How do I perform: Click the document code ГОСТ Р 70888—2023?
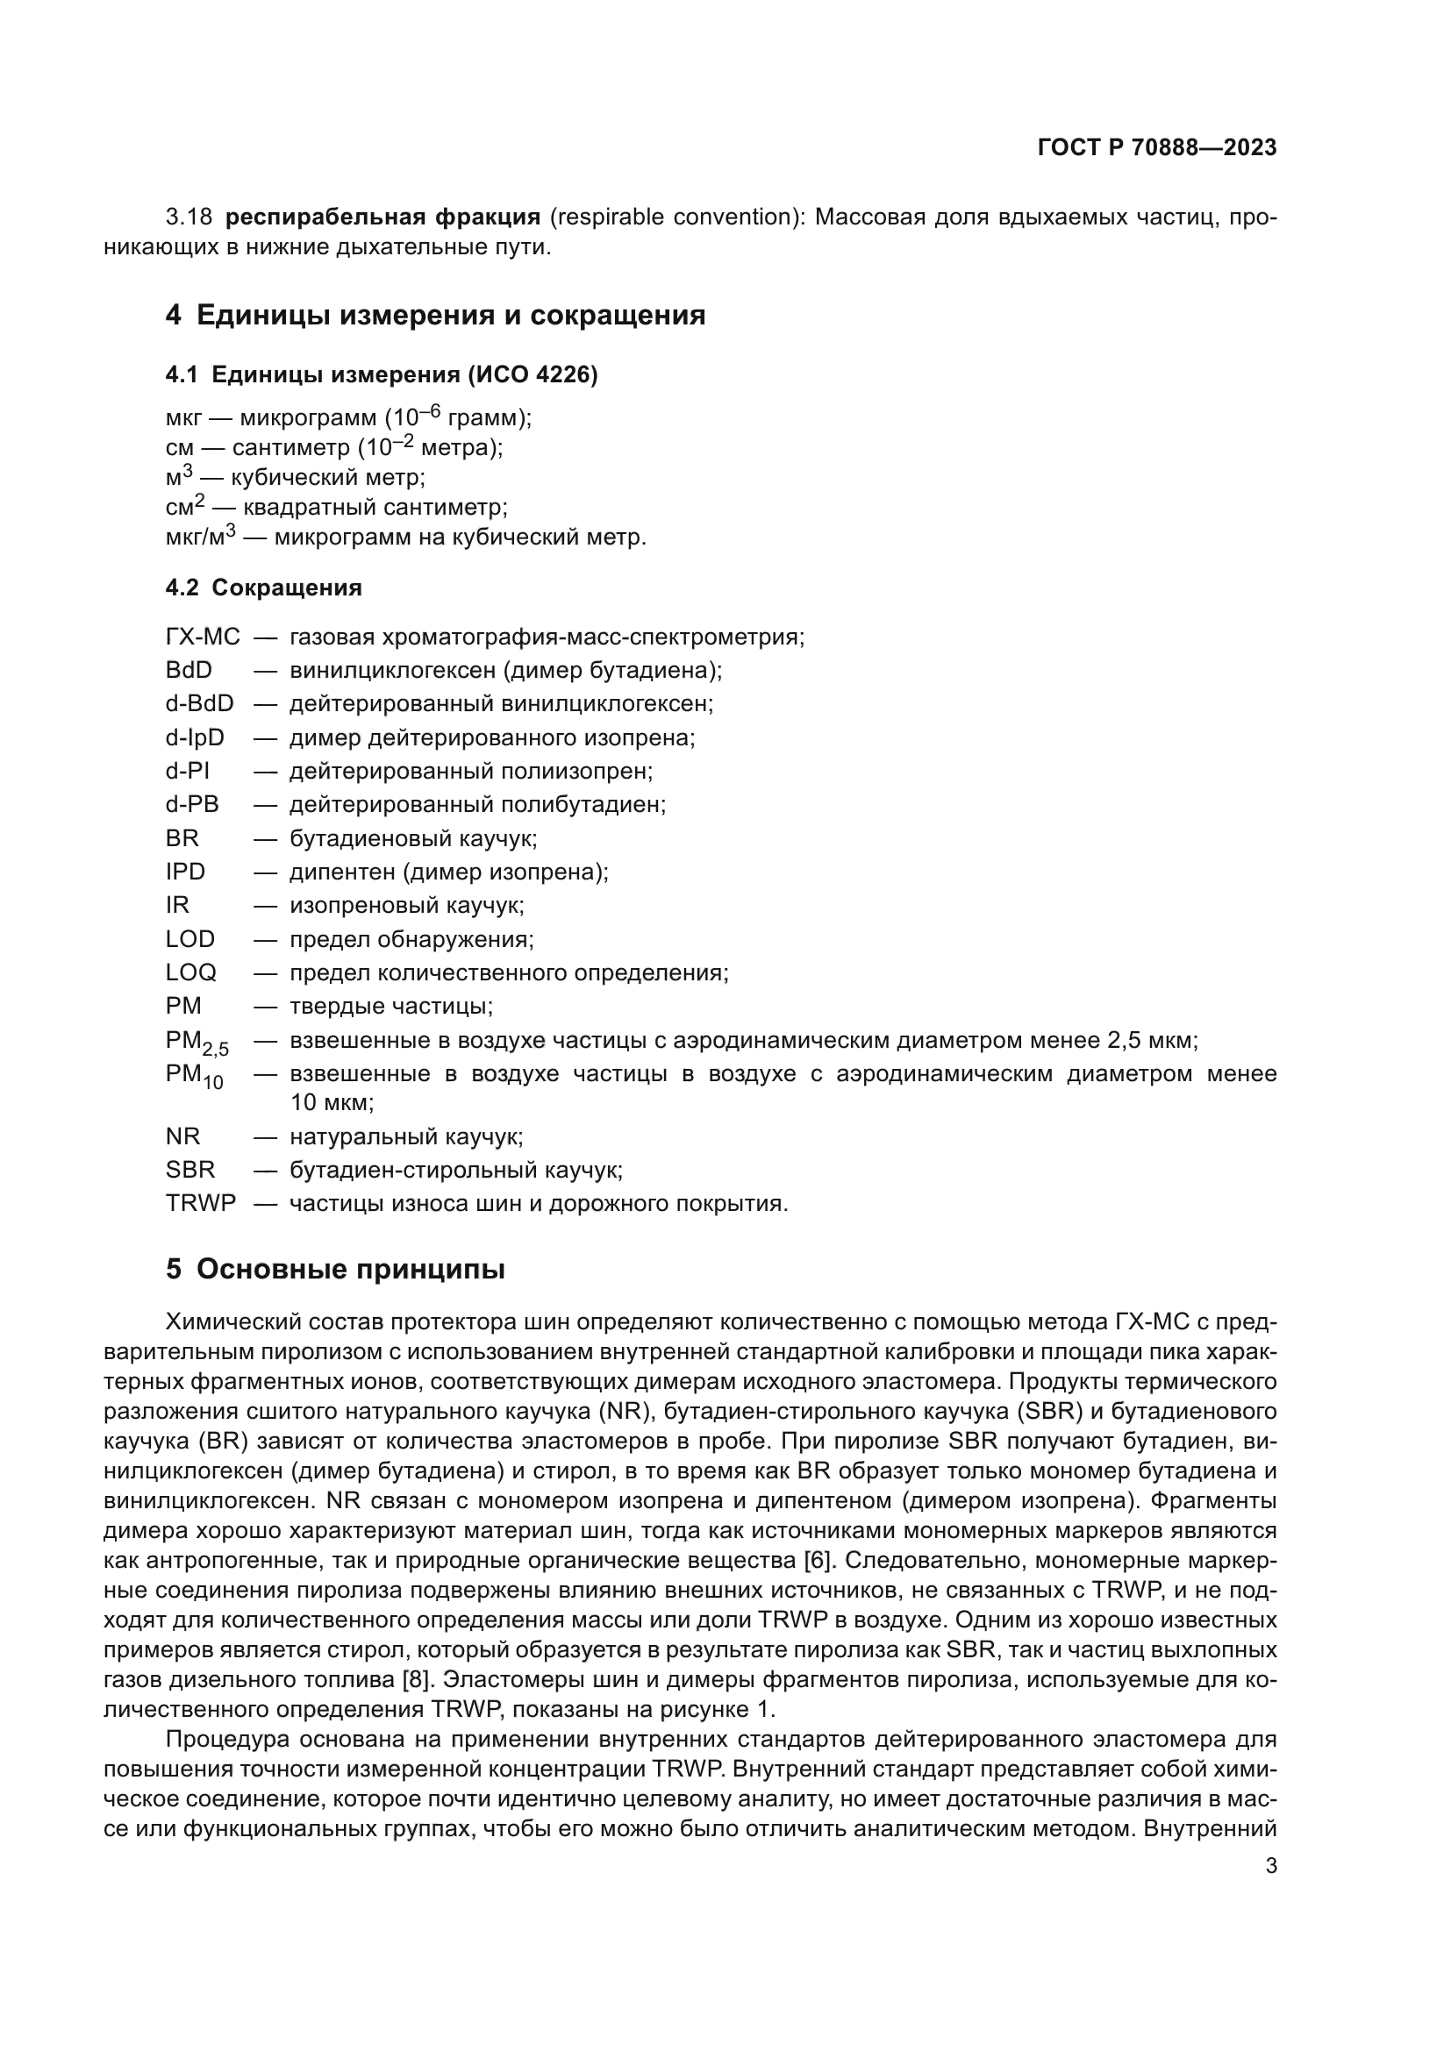tap(1156, 147)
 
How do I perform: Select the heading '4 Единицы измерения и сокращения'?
tap(435, 316)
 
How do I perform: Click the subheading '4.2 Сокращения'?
tap(263, 588)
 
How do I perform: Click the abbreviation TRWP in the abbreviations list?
tap(200, 1203)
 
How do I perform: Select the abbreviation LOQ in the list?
tap(190, 972)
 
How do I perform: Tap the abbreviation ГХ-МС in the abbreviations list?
tap(203, 637)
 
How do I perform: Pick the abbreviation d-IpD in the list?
tap(195, 737)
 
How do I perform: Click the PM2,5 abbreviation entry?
tap(197, 1043)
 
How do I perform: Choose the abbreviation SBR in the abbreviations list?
tap(189, 1170)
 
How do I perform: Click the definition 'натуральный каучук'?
tap(405, 1136)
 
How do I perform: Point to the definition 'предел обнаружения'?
tap(411, 939)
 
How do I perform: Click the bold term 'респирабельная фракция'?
tap(382, 217)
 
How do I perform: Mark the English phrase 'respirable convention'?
tap(677, 217)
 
